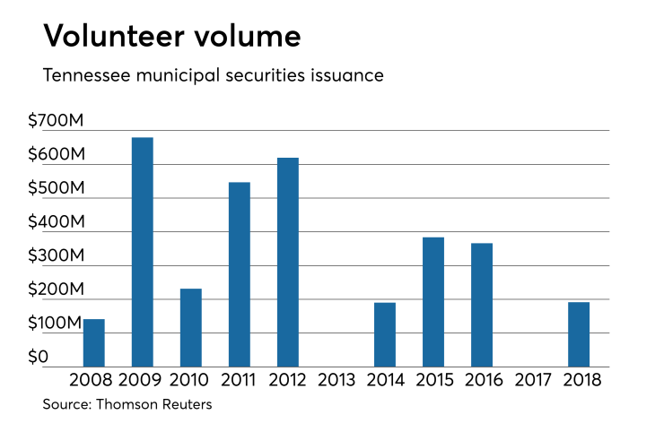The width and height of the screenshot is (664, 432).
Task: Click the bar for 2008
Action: click(x=94, y=342)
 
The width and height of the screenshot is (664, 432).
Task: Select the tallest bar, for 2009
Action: click(x=143, y=252)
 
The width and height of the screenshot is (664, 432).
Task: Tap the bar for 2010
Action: click(x=191, y=327)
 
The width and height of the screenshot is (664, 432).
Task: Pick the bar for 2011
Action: click(x=240, y=274)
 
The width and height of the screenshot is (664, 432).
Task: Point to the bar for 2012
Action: click(x=288, y=262)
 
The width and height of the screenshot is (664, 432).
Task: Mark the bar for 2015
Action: click(x=433, y=301)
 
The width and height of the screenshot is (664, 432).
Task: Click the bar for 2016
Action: click(x=482, y=305)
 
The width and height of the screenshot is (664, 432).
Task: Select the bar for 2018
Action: click(x=579, y=334)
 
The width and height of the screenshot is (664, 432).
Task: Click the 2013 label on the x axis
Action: click(x=336, y=380)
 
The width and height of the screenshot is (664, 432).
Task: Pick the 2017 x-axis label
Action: click(x=530, y=380)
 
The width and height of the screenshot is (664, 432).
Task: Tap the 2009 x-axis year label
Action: click(x=143, y=380)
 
